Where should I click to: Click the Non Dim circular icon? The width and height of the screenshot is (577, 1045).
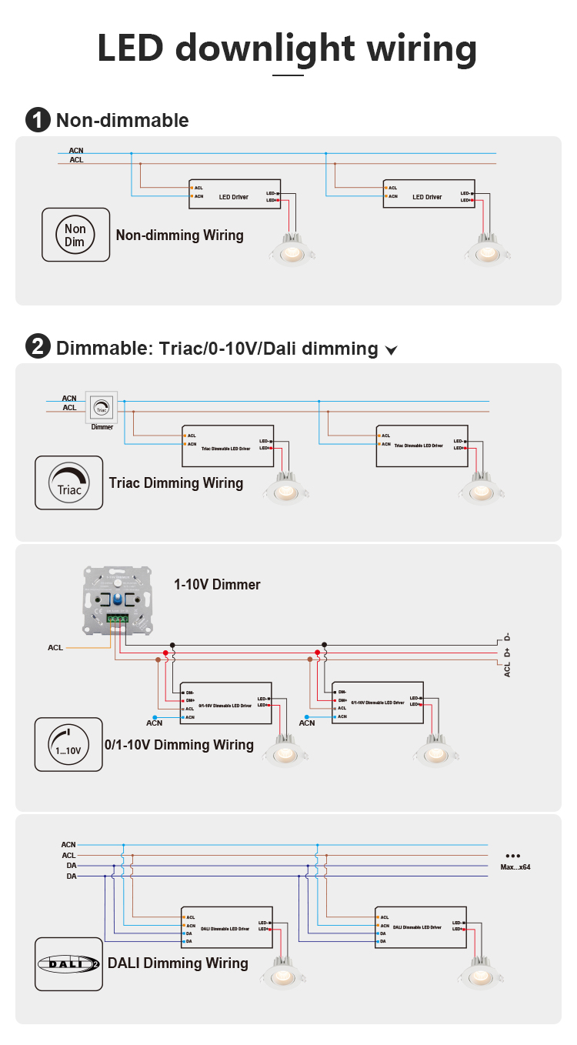[x=75, y=235]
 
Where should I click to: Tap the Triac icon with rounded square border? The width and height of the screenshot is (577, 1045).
[x=68, y=482]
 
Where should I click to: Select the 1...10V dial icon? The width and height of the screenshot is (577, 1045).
[x=68, y=744]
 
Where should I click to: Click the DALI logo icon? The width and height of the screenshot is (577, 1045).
[x=68, y=963]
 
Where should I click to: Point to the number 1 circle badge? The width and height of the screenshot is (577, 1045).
[x=38, y=120]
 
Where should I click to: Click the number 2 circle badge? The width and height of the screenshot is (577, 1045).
[x=38, y=348]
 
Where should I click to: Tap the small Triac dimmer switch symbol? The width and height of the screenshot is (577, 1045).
[x=102, y=406]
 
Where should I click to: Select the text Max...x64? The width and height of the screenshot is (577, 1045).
[x=515, y=867]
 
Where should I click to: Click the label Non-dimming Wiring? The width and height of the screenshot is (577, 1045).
[x=179, y=235]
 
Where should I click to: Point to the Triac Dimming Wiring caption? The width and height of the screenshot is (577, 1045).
[x=176, y=483]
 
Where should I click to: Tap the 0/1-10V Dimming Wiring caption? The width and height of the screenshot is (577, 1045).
[x=179, y=745]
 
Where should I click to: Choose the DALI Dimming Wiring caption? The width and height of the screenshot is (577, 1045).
[x=178, y=963]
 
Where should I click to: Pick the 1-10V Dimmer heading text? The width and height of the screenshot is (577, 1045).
[x=217, y=585]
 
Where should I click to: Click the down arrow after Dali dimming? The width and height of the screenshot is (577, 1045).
[x=391, y=351]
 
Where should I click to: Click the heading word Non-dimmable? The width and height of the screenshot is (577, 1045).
[x=122, y=120]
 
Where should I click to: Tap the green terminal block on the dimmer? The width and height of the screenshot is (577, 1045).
[x=118, y=618]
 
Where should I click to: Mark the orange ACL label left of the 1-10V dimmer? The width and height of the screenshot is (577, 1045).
[x=55, y=648]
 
